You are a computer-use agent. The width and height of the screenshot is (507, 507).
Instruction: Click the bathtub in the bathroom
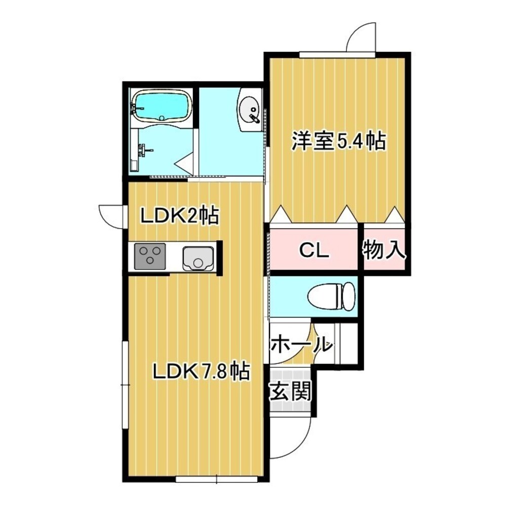[x=162, y=106]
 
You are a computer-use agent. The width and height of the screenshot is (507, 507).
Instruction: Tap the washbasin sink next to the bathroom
[x=250, y=109]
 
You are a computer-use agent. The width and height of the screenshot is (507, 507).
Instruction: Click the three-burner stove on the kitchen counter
[x=150, y=256]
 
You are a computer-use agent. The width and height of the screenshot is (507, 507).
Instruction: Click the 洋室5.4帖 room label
[x=338, y=141]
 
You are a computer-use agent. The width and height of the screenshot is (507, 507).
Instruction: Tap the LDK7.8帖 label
[x=201, y=373]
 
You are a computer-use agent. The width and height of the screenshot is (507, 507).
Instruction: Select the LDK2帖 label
[x=179, y=216]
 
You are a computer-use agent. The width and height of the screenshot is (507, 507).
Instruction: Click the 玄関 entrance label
[x=290, y=391]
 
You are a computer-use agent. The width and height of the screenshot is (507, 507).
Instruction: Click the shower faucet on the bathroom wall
[x=145, y=149]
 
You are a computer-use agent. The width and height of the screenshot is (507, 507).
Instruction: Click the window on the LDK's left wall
[x=125, y=385]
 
